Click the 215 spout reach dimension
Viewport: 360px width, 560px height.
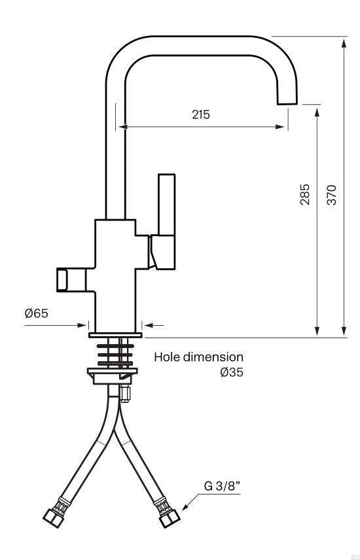pos(201,114)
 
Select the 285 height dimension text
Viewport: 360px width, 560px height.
pos(305,195)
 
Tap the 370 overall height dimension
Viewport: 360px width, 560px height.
pos(332,195)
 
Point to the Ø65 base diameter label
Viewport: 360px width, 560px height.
pos(37,313)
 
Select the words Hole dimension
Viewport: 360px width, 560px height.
pos(198,357)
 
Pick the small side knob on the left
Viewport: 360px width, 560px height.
pos(63,279)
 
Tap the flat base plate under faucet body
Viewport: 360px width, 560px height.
pos(115,334)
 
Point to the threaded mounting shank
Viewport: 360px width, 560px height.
pos(115,353)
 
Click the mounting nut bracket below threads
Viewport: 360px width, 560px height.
pos(113,375)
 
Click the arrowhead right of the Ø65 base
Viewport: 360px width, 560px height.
pos(147,324)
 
